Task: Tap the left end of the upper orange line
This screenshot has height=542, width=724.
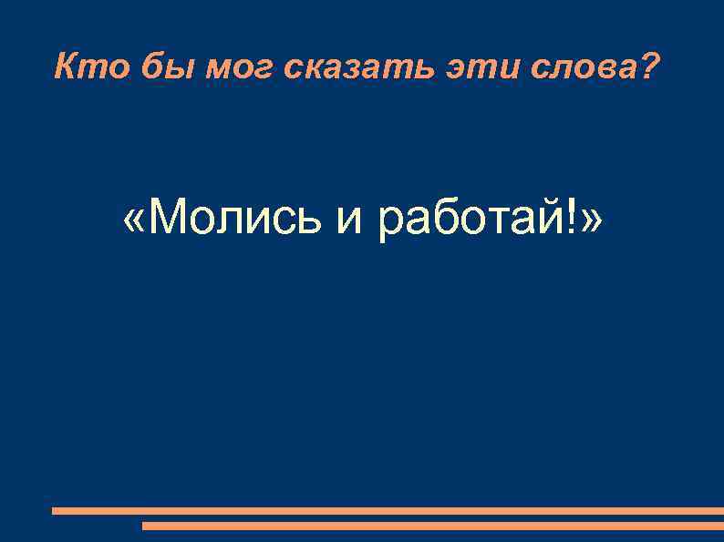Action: tap(55, 511)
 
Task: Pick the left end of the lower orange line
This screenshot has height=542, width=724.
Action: tap(145, 526)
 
